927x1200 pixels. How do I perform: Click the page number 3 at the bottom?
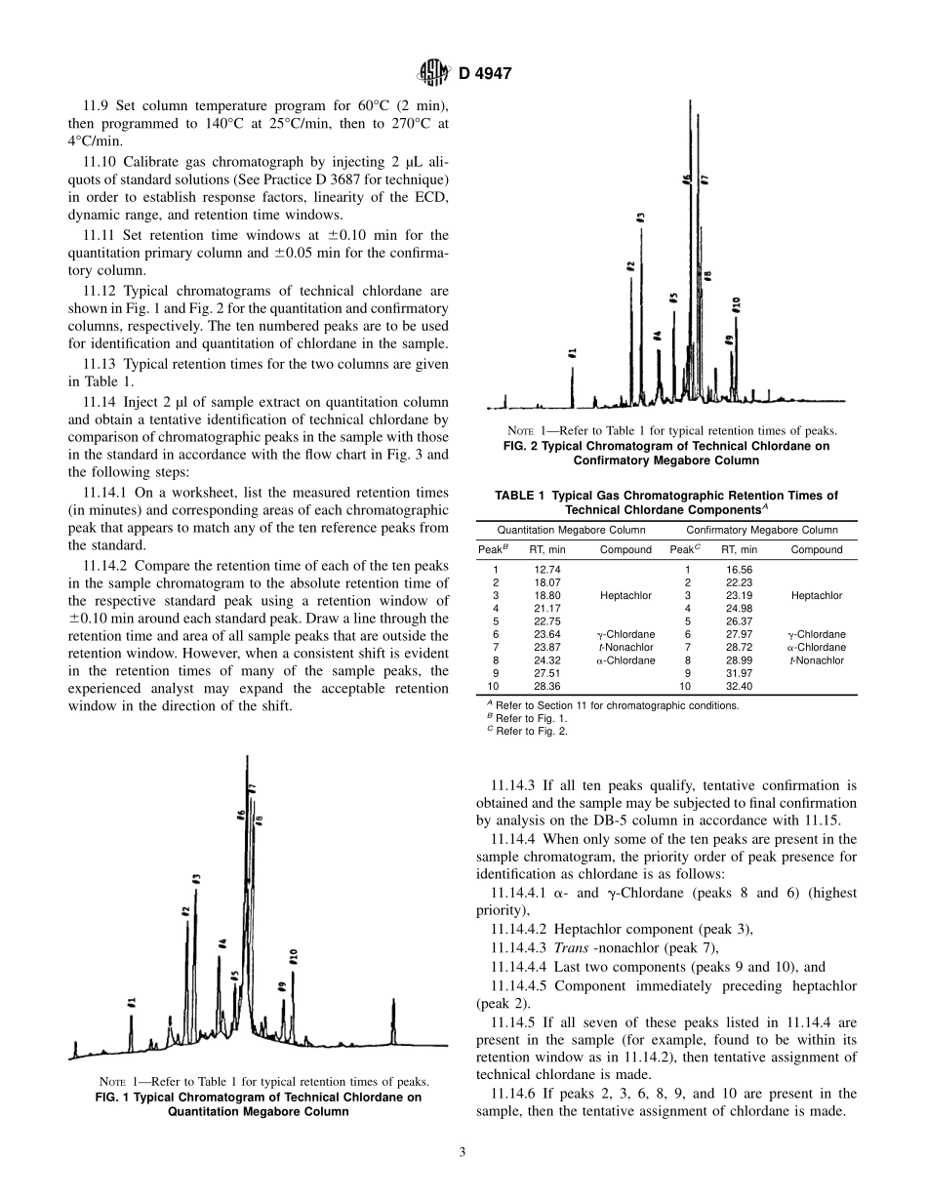[463, 1151]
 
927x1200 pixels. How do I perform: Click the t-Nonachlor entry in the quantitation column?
[625, 647]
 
